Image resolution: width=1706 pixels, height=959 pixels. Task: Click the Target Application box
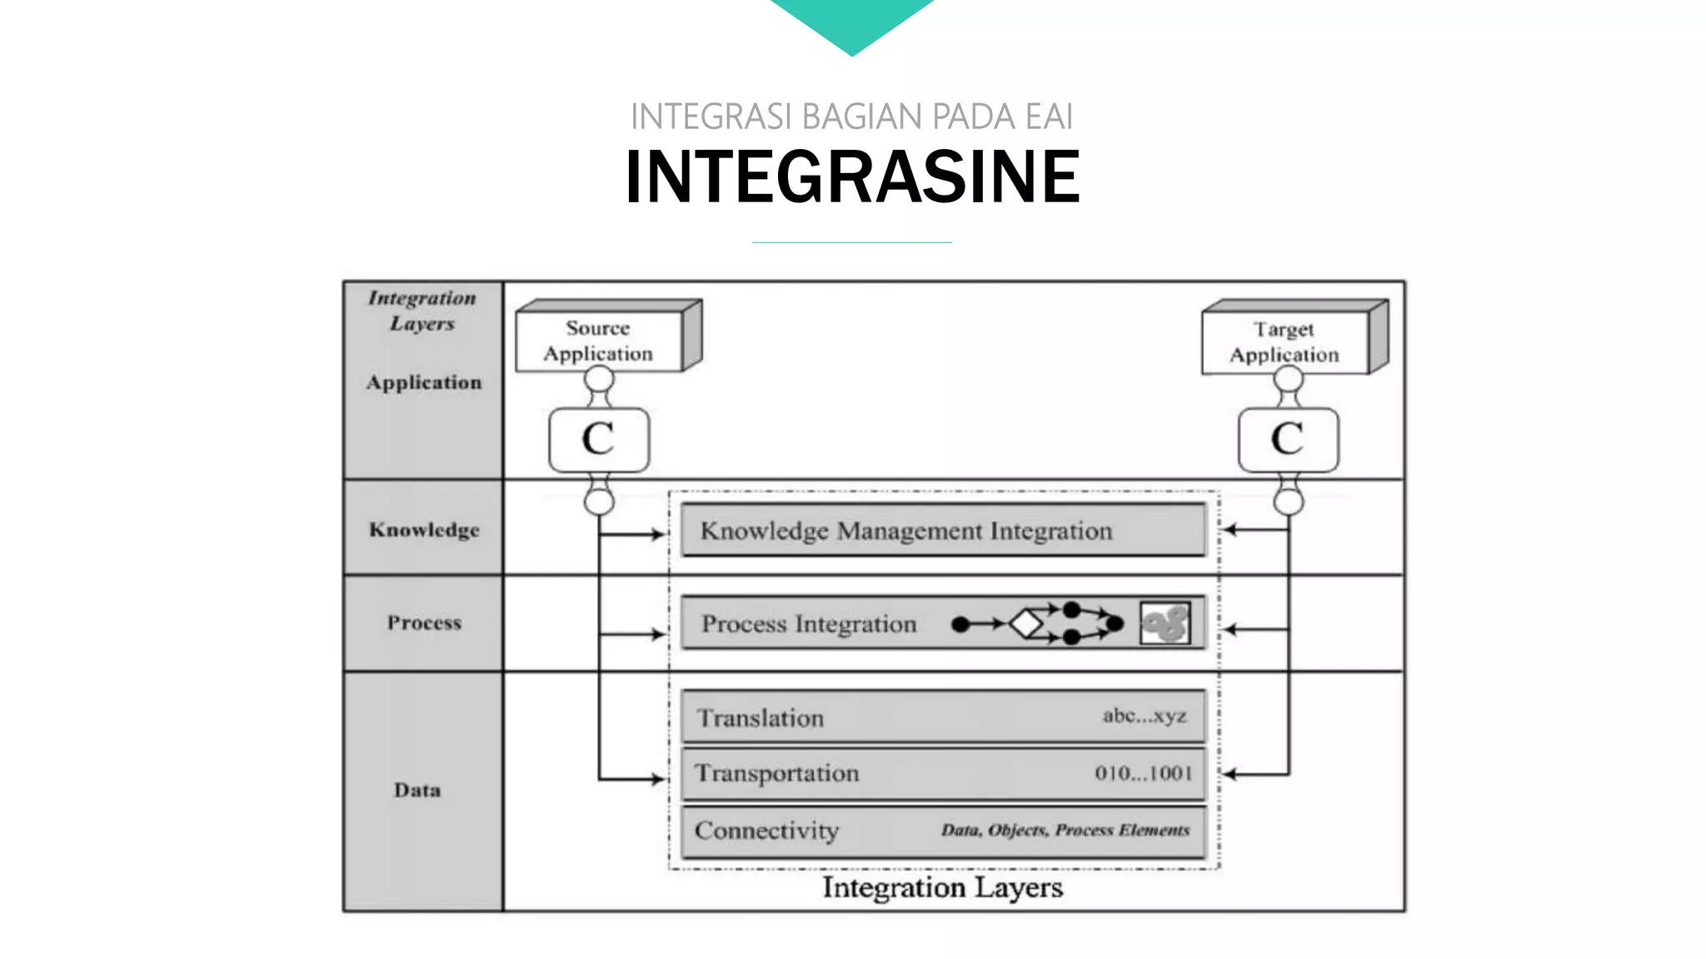pyautogui.click(x=1285, y=342)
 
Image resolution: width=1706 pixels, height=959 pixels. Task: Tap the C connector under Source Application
pyautogui.click(x=599, y=440)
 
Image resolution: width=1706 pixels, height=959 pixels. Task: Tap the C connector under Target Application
pyautogui.click(x=1288, y=440)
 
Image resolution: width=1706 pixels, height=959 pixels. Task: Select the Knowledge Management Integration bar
pyautogui.click(x=943, y=530)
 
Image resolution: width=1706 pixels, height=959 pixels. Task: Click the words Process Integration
pyautogui.click(x=808, y=624)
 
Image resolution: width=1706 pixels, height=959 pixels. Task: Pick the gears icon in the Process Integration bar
pyautogui.click(x=1165, y=624)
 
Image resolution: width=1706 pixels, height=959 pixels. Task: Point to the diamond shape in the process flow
pyautogui.click(x=1026, y=624)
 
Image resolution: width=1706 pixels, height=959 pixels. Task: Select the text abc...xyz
pyautogui.click(x=1145, y=715)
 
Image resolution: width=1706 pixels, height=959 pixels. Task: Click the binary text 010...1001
pyautogui.click(x=1143, y=773)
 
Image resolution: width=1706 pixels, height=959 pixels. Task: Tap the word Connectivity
pyautogui.click(x=766, y=830)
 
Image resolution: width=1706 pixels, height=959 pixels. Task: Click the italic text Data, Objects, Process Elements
pyautogui.click(x=1065, y=830)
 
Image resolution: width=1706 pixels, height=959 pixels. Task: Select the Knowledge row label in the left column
pyautogui.click(x=424, y=530)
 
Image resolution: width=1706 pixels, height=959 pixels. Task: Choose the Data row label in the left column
pyautogui.click(x=417, y=790)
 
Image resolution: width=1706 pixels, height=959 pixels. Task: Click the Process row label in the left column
pyautogui.click(x=424, y=623)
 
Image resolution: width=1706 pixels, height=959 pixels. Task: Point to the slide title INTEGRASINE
pyautogui.click(x=852, y=176)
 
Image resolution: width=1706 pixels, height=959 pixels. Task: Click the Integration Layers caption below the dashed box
pyautogui.click(x=942, y=887)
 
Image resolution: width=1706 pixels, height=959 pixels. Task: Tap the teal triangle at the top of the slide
pyautogui.click(x=852, y=21)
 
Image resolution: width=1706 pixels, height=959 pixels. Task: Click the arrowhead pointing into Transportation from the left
pyautogui.click(x=659, y=779)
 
